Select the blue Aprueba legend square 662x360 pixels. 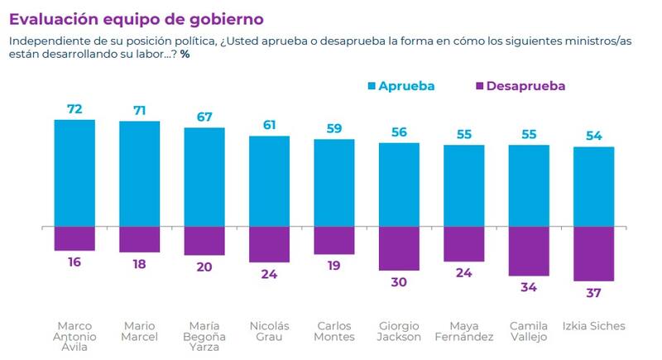point(372,85)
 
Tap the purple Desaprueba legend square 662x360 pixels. point(479,85)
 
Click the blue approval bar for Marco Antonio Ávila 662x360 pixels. point(74,172)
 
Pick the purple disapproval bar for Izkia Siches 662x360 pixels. point(594,253)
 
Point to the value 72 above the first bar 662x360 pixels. point(74,108)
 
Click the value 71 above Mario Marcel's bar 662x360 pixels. point(139,110)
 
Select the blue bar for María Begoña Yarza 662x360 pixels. point(204,176)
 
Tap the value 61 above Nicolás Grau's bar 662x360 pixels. point(269,125)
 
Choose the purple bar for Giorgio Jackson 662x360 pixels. point(399,247)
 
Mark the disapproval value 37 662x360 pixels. point(594,294)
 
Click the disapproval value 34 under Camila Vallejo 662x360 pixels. point(530,288)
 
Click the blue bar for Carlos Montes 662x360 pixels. point(334,182)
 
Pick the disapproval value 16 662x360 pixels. point(74,262)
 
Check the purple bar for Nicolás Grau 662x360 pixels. point(269,243)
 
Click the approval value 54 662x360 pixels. point(594,136)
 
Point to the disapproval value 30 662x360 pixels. point(399,281)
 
